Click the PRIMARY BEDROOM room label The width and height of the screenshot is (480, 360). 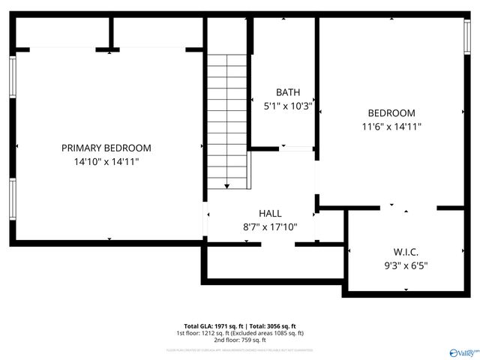pos(106,148)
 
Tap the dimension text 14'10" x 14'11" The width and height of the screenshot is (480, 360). pos(106,161)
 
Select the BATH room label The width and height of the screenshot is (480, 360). pos(288,92)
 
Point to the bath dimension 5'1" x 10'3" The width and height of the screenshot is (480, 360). pos(288,106)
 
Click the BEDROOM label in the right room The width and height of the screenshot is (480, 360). pos(391,113)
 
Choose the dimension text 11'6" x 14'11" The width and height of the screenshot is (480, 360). pos(391,127)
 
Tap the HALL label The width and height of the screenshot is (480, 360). pos(270,214)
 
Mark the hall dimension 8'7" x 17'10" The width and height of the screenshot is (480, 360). pos(270,227)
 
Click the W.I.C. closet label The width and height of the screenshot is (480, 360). pos(406,251)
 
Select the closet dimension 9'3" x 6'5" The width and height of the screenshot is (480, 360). pos(406,265)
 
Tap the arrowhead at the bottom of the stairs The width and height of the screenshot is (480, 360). pos(226,185)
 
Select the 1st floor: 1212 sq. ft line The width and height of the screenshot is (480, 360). pos(240,333)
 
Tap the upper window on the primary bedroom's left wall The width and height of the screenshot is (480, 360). pos(13,76)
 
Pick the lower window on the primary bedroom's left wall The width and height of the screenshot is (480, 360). pos(13,199)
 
